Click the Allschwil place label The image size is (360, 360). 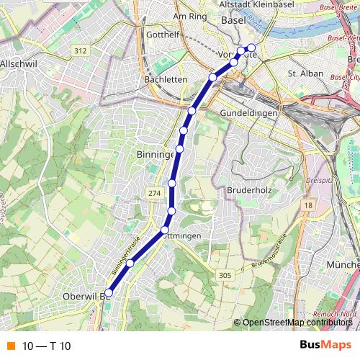click(x=19, y=63)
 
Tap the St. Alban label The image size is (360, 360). click(x=302, y=73)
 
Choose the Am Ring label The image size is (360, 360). click(x=190, y=15)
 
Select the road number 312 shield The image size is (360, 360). click(x=80, y=50)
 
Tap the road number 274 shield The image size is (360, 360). click(x=153, y=194)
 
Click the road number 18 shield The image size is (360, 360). click(x=307, y=206)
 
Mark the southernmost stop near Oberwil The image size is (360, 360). click(x=109, y=292)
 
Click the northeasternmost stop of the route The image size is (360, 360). click(x=251, y=48)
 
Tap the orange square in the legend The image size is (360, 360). click(x=9, y=346)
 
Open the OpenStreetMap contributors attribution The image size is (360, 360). click(x=297, y=323)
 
